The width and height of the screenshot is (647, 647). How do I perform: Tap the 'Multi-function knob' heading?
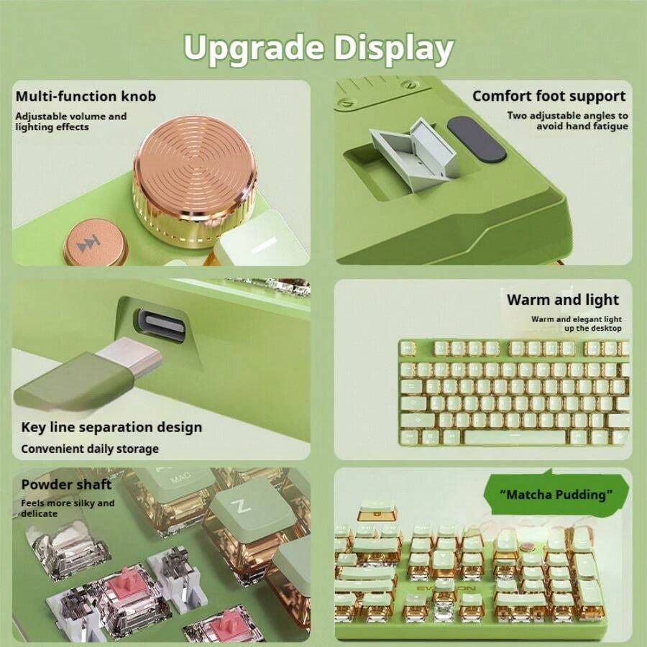[x=86, y=96]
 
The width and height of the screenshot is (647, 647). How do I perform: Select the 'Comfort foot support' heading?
[x=549, y=96]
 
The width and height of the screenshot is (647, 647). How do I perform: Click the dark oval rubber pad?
[x=477, y=138]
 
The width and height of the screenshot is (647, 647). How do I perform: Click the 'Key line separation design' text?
[x=111, y=427]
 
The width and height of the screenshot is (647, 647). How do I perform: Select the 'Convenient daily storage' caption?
[x=90, y=449]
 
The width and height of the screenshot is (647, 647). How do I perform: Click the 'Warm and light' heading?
[x=562, y=300]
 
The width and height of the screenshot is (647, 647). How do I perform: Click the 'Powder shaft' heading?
[x=66, y=485]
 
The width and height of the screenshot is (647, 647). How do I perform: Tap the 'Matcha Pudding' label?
[x=556, y=495]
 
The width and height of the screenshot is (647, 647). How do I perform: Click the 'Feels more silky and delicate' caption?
[x=67, y=508]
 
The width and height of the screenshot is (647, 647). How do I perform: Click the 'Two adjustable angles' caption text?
[x=567, y=121]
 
